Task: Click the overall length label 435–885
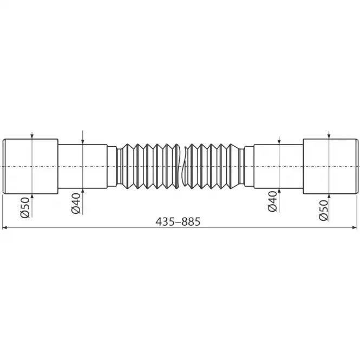(x=178, y=222)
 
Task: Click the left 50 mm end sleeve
(x=30, y=166)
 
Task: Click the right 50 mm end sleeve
(x=330, y=166)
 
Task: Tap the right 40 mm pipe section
(x=278, y=166)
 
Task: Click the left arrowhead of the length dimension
(x=5, y=228)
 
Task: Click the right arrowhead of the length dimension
(x=355, y=228)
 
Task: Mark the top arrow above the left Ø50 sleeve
(x=33, y=136)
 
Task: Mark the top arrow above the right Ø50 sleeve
(x=329, y=136)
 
